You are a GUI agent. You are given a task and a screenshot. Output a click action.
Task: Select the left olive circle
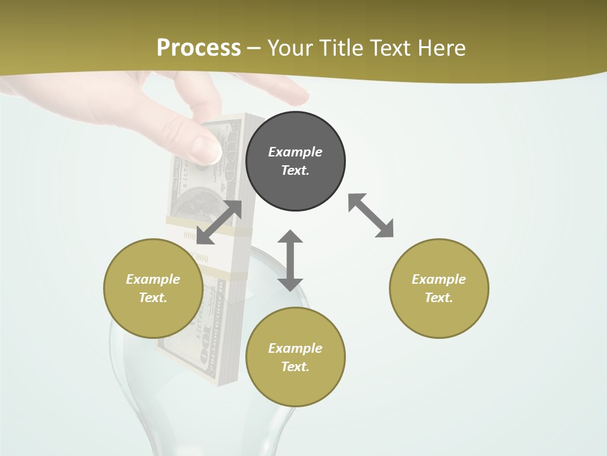pos(153,288)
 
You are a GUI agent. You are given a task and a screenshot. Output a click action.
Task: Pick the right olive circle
pos(439,288)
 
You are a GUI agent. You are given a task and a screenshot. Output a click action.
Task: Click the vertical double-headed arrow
pos(290,260)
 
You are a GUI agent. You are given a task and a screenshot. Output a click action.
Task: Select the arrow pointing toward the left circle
pos(219,222)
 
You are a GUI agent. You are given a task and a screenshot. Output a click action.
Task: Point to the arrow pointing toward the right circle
pos(371,215)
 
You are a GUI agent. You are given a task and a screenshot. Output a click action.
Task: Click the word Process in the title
pos(199,47)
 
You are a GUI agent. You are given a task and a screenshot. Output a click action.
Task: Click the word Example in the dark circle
pos(295,152)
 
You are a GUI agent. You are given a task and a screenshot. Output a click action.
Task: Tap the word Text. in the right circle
pos(439,298)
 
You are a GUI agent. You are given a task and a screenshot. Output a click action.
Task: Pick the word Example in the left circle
pos(153,279)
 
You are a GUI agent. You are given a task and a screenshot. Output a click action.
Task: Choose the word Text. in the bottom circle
pos(295,367)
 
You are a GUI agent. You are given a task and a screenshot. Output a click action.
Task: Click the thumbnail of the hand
pos(205,149)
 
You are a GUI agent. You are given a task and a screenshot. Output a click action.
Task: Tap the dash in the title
pos(254,47)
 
